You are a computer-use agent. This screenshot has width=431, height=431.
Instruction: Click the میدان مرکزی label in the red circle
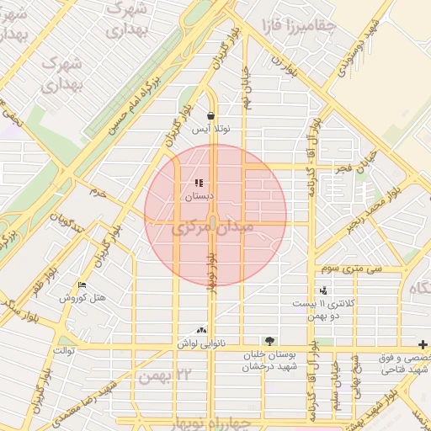[213, 228]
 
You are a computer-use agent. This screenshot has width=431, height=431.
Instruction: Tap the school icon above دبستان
[199, 183]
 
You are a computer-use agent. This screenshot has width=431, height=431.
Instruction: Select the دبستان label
[200, 196]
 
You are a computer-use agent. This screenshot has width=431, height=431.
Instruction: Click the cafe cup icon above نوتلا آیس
[210, 116]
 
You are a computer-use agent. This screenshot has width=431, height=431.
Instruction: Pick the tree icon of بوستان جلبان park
[269, 341]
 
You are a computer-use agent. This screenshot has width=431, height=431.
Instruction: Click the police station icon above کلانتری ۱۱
[324, 290]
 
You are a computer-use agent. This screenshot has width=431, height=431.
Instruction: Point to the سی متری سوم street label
[350, 270]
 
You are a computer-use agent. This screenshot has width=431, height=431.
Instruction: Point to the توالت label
[64, 349]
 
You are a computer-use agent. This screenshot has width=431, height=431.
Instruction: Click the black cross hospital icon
[423, 344]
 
